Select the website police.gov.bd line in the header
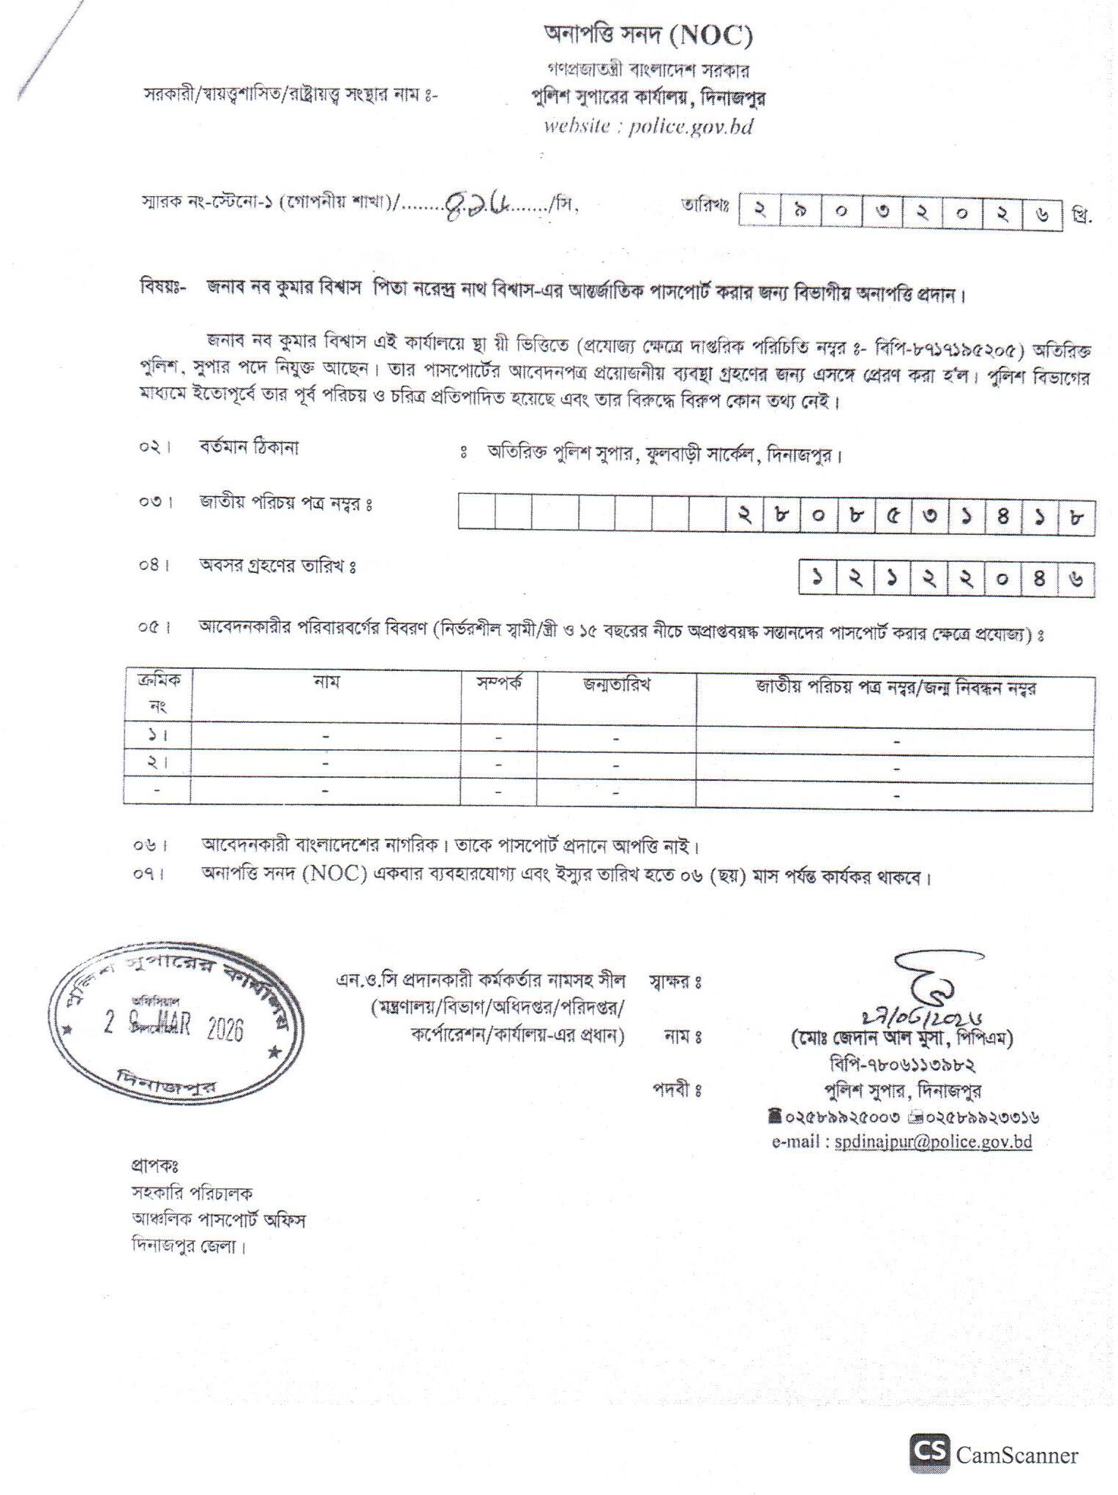[x=648, y=126]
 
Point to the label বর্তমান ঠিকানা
[x=249, y=447]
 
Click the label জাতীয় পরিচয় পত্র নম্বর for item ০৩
[x=286, y=504]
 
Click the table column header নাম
[x=326, y=683]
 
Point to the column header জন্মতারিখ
[x=616, y=686]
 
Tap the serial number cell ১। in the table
[x=157, y=735]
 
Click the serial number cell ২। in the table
[x=157, y=763]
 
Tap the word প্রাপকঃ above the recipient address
[x=155, y=1164]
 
